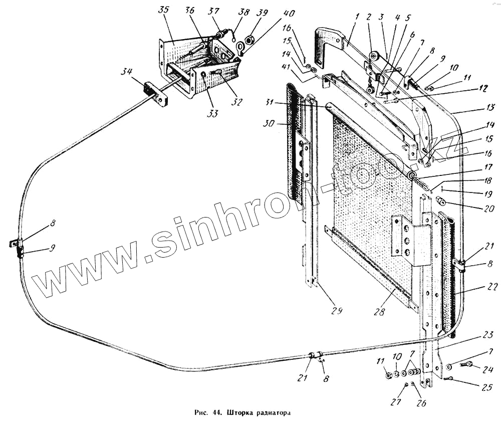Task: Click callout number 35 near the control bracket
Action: [163, 11]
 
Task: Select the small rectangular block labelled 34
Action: [156, 94]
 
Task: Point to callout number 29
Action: [337, 311]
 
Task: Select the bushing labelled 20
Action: [441, 202]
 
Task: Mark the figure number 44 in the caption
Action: [216, 414]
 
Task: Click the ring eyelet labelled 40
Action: [240, 48]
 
